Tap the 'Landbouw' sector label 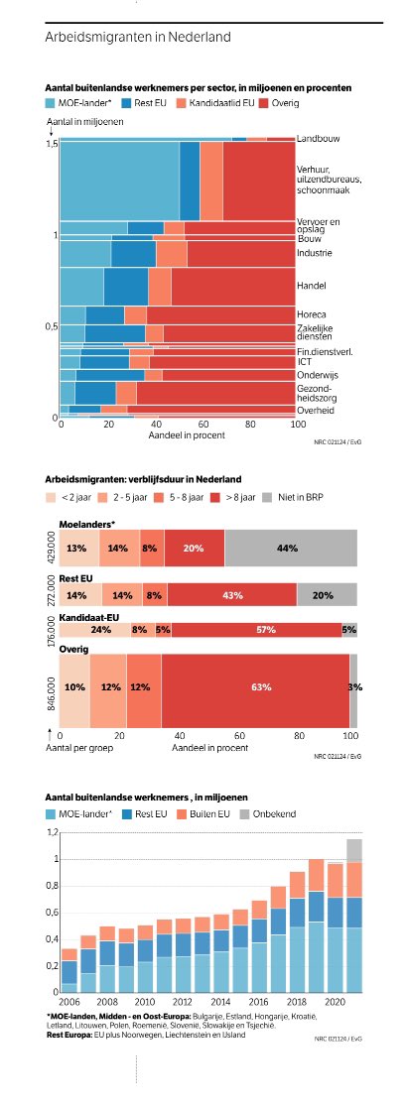pyautogui.click(x=319, y=139)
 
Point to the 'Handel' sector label pyautogui.click(x=311, y=286)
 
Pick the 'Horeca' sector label pyautogui.click(x=311, y=314)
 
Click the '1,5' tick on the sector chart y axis pyautogui.click(x=52, y=143)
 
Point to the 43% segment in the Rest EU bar pyautogui.click(x=231, y=595)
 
